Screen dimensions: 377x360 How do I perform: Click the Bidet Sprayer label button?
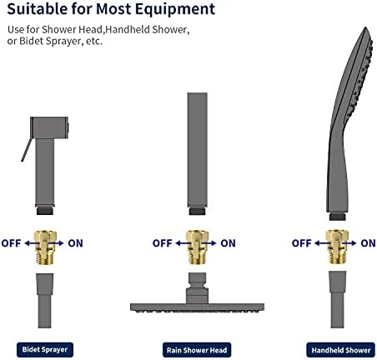(x=45, y=349)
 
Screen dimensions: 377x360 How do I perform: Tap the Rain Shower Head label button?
(x=197, y=350)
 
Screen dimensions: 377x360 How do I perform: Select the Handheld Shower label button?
(x=341, y=350)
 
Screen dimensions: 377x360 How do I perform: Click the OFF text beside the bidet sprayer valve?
(x=11, y=243)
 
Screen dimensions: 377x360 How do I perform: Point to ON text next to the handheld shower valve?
(x=368, y=243)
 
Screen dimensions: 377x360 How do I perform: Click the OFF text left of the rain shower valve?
(x=163, y=243)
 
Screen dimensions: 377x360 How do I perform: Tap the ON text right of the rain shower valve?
(x=228, y=243)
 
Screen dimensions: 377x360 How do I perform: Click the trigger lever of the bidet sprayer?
(x=27, y=150)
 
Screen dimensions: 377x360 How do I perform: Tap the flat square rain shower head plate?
(x=197, y=307)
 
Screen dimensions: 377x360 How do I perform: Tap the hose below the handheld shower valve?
(x=338, y=299)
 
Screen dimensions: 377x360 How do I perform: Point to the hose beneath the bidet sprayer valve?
(x=45, y=301)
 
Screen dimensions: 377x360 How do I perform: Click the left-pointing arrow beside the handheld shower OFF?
(x=322, y=243)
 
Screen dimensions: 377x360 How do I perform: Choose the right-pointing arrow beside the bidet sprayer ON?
(x=57, y=243)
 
